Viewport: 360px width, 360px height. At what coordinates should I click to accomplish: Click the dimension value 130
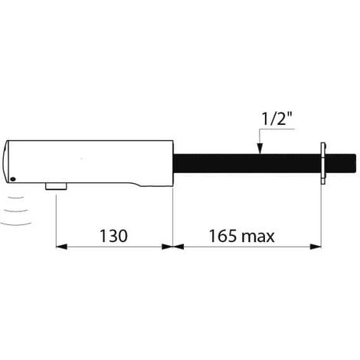113,236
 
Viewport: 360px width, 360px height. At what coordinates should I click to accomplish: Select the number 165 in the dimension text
223,236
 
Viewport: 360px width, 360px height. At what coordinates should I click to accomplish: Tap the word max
258,237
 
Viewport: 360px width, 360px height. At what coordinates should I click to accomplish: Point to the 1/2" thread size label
277,119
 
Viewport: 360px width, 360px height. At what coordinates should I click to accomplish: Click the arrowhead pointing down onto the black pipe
260,149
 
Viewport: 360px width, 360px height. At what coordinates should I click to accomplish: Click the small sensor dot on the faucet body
13,179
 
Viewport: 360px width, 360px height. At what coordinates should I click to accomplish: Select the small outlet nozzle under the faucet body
56,186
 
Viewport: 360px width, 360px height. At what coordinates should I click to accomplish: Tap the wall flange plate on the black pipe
323,163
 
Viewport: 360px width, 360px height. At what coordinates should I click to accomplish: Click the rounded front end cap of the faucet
7,162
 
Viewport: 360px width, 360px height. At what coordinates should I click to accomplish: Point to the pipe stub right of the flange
341,163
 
